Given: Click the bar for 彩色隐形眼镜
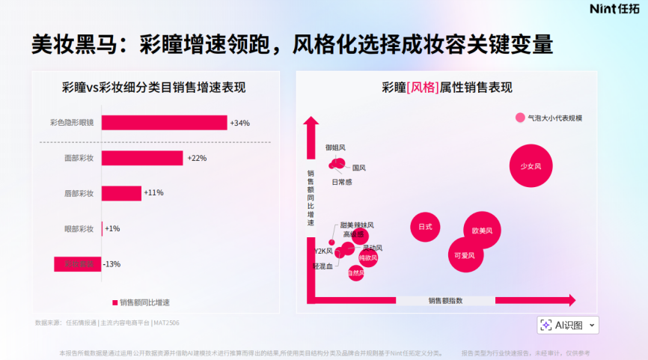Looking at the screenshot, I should point(164,123).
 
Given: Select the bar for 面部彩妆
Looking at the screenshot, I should point(142,158).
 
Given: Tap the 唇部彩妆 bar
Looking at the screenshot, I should point(121,193).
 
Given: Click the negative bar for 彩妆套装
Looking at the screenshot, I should point(77,264).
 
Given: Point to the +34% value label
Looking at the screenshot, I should point(239,123).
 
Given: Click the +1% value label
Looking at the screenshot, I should point(112,228).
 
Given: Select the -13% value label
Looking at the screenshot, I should point(111,264).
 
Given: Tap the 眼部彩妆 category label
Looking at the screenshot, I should point(79,228).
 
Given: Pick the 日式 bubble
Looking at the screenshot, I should point(425,227).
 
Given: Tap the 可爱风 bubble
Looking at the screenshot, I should point(465,254).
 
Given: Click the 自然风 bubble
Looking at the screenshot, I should point(356,273).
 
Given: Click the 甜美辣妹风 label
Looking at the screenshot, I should point(356,225).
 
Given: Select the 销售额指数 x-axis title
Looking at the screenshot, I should point(445,300).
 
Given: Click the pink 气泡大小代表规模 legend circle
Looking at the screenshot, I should point(520,118).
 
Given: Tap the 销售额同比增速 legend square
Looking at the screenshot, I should point(115,302).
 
